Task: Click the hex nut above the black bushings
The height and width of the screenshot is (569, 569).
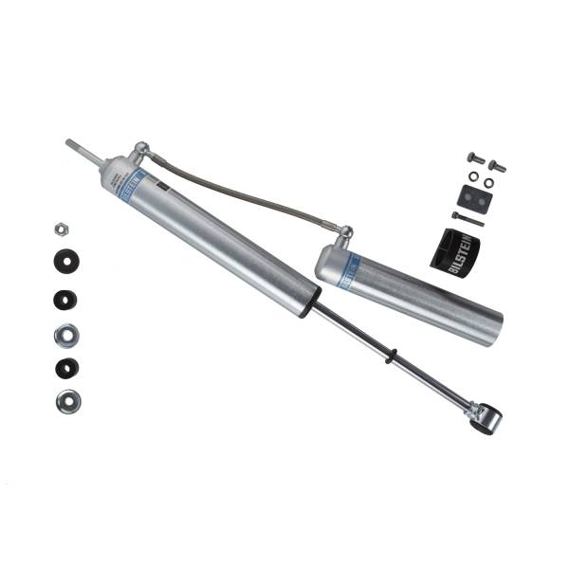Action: (60, 229)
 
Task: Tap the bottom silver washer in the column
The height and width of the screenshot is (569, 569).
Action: (66, 401)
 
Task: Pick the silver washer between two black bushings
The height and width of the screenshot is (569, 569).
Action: (66, 334)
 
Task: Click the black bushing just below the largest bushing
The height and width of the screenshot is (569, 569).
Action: (64, 299)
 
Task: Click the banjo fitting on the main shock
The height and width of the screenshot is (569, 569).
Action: (140, 150)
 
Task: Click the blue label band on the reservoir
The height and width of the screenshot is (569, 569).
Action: (348, 268)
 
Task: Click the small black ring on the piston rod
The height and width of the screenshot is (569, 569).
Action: (390, 356)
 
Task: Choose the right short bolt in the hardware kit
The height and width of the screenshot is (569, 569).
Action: (497, 167)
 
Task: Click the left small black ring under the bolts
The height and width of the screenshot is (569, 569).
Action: (471, 177)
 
